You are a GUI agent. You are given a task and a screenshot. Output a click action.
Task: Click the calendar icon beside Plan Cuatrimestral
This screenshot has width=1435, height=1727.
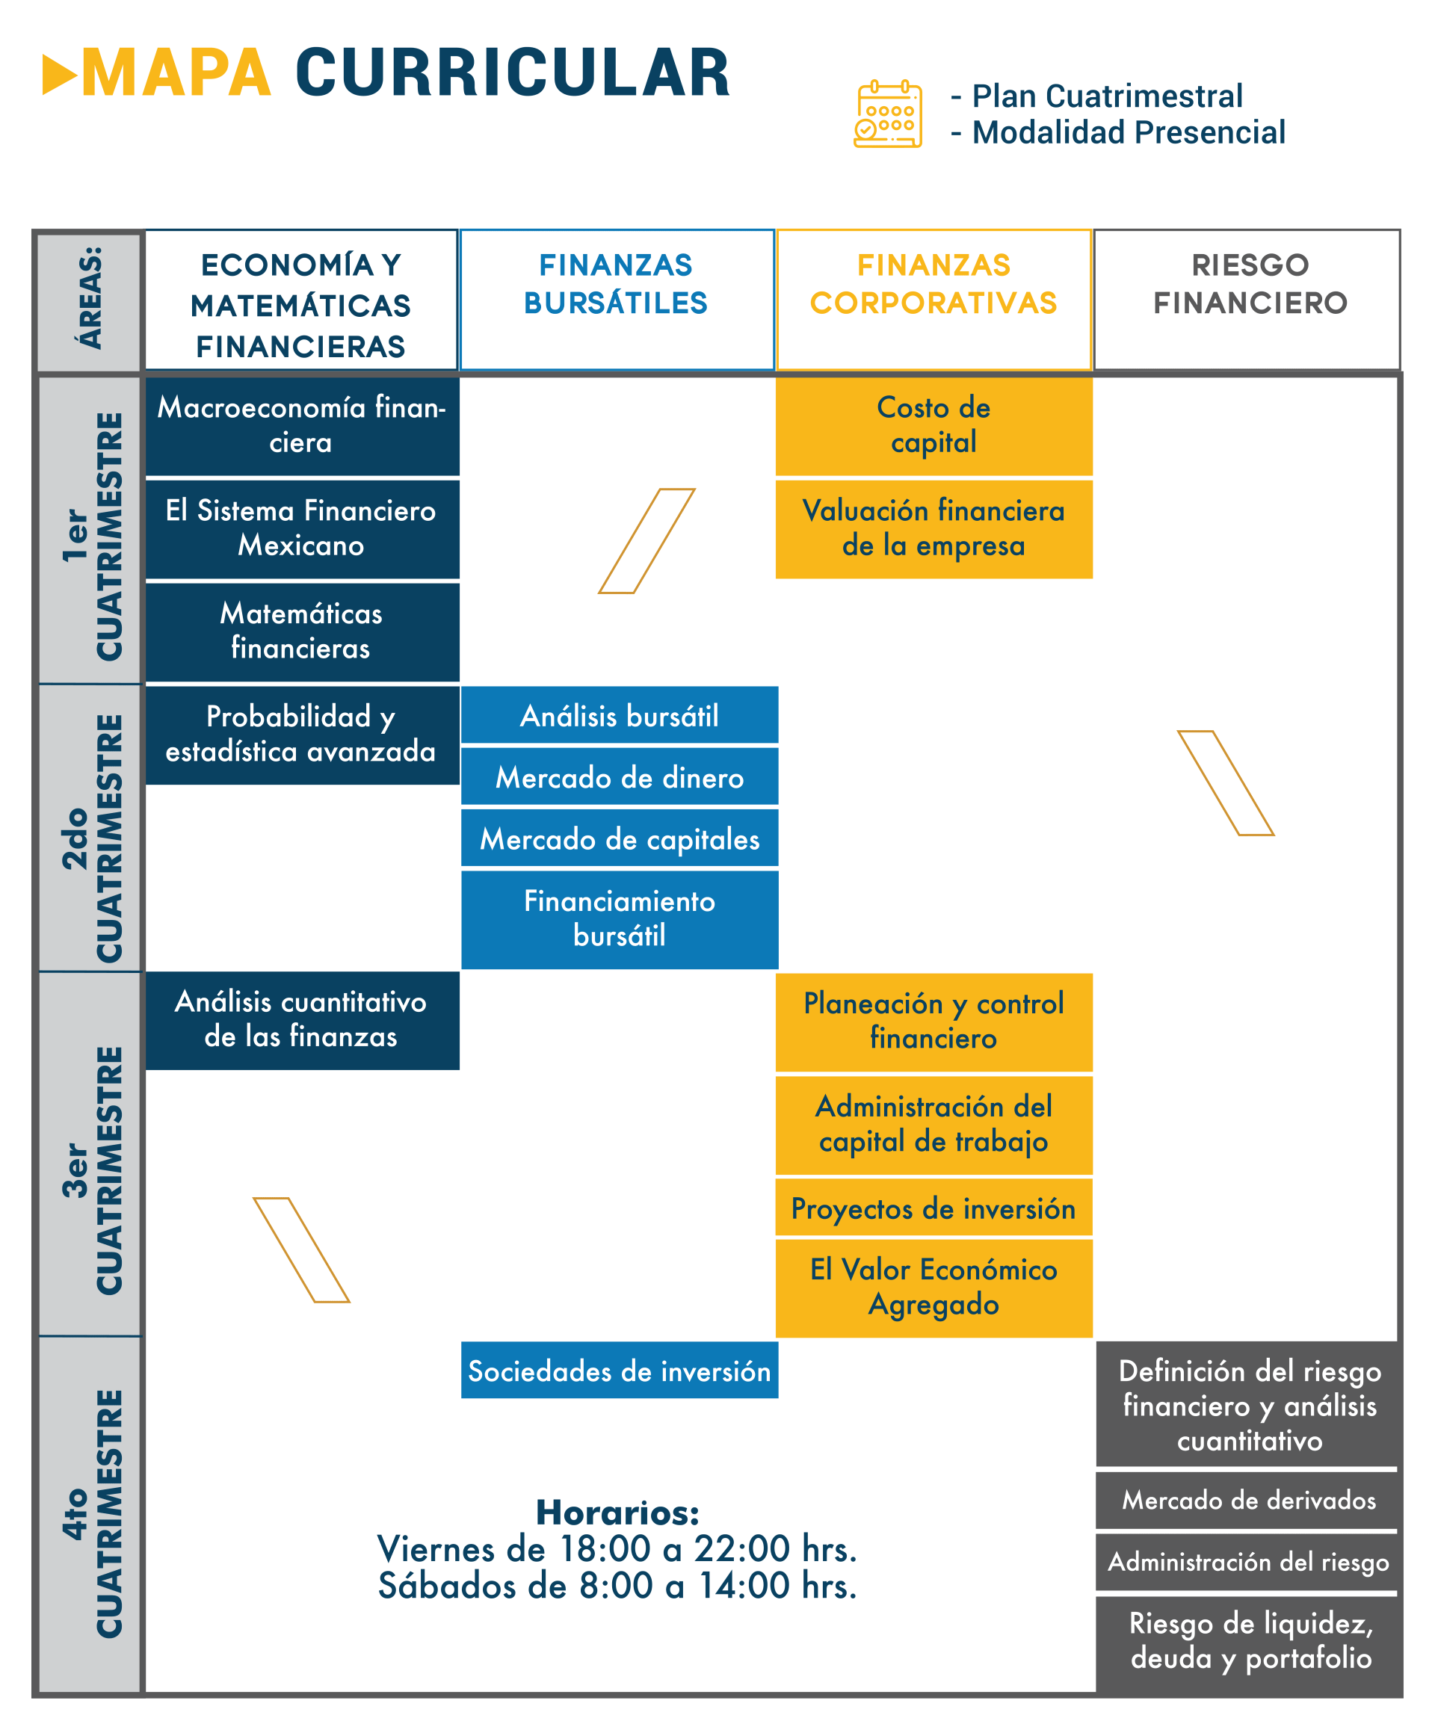click(x=888, y=114)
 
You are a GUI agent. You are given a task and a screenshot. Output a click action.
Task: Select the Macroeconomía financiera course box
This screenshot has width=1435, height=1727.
click(x=302, y=426)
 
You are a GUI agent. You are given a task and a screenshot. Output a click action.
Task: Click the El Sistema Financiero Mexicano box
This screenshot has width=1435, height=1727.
click(x=302, y=529)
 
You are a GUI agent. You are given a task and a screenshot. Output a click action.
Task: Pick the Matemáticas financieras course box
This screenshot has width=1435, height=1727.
click(x=302, y=631)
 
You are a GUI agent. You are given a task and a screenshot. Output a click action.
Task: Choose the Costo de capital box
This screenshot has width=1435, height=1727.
click(x=933, y=426)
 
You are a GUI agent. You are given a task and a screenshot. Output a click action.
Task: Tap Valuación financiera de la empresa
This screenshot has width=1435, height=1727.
click(x=933, y=529)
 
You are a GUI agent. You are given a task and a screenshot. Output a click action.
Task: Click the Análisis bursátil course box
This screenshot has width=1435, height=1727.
click(x=620, y=715)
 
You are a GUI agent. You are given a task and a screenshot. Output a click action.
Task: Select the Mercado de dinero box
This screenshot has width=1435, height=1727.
click(x=620, y=777)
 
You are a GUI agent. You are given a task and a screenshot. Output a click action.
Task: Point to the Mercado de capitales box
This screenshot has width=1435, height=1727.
click(x=620, y=838)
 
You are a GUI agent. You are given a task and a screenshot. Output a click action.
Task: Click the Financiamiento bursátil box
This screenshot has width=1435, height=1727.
click(x=620, y=918)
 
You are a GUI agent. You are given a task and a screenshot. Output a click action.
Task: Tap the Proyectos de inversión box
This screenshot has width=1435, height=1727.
click(x=933, y=1209)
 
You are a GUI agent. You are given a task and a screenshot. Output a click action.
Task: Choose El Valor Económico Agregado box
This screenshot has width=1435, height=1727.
click(x=933, y=1288)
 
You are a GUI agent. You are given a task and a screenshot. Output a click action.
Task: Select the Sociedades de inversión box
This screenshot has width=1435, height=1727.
click(x=620, y=1371)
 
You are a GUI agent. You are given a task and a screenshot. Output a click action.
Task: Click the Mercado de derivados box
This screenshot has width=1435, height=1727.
click(x=1248, y=1500)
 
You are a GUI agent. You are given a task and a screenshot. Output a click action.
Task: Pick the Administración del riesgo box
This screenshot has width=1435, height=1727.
click(x=1248, y=1562)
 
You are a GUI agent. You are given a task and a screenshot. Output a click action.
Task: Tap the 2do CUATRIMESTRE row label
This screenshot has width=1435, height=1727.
click(x=90, y=837)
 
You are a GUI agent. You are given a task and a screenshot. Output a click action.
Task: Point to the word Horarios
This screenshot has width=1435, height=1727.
click(x=617, y=1513)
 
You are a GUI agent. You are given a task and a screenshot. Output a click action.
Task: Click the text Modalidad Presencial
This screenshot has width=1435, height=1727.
click(x=1129, y=132)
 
